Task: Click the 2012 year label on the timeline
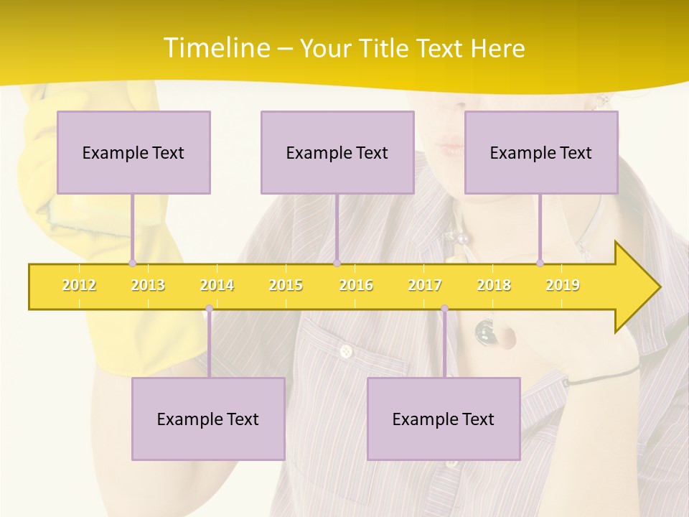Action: (x=79, y=285)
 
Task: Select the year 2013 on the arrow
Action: (x=148, y=285)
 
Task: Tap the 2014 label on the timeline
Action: (x=217, y=285)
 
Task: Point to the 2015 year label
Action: (x=286, y=285)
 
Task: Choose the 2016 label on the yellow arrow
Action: (x=356, y=285)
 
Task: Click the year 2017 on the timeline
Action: (x=425, y=285)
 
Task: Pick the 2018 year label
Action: (x=494, y=285)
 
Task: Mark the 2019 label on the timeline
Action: (x=563, y=285)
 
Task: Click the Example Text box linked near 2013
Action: (x=133, y=152)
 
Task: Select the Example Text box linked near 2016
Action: (x=337, y=152)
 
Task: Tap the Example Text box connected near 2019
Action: (x=541, y=152)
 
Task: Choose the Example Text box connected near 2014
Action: (x=208, y=419)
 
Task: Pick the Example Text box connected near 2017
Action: (x=444, y=419)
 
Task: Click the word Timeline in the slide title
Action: (x=215, y=48)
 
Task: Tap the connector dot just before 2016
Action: (x=337, y=263)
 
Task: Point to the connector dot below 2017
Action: (x=444, y=309)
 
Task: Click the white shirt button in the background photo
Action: (x=346, y=351)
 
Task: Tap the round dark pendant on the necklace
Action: (x=485, y=330)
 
